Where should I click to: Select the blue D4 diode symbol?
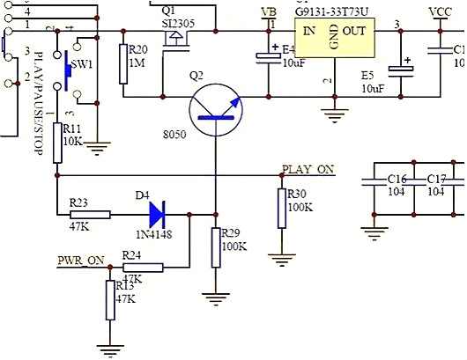tap(158, 213)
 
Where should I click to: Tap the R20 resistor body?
tap(122, 64)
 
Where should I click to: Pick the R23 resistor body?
tap(90, 214)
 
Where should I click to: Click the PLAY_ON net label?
tap(308, 169)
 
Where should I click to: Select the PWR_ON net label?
tap(80, 260)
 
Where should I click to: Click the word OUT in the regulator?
tap(354, 31)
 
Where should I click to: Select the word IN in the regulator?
tap(309, 31)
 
